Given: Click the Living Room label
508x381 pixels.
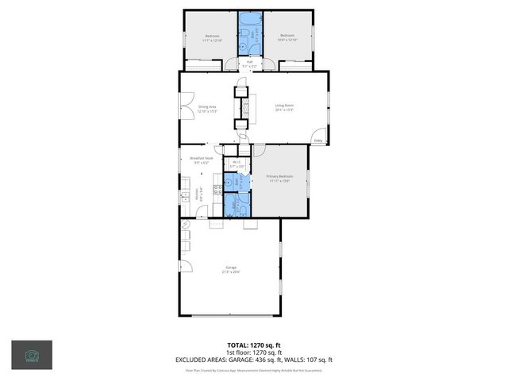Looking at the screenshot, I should [x=284, y=106].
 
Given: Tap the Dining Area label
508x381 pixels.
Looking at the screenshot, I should [x=206, y=106].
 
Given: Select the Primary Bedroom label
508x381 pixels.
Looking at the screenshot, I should [x=279, y=176].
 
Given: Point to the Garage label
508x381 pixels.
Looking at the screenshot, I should [x=231, y=268].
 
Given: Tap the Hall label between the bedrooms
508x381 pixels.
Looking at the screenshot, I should [x=249, y=62].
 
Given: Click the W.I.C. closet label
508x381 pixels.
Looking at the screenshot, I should [x=236, y=163].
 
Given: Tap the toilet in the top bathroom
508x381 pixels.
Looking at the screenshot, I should [x=248, y=33].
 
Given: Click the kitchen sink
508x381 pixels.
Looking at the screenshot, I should [x=185, y=198].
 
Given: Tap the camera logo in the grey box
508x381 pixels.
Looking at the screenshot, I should [x=32, y=355].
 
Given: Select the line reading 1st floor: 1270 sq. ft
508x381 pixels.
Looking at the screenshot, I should [x=253, y=353].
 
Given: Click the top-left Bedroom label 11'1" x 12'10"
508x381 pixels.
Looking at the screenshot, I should [x=212, y=37].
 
